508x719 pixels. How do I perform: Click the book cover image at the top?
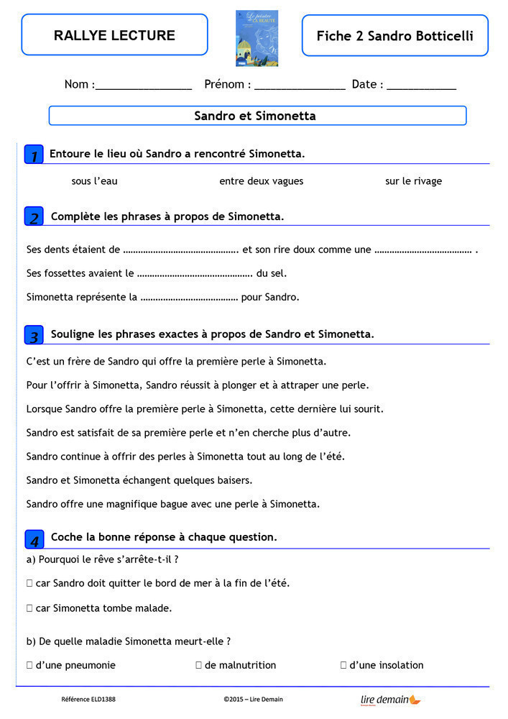point(257,38)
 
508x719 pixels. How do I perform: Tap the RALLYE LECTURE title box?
point(114,35)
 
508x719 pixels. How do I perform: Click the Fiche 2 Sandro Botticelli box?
point(394,36)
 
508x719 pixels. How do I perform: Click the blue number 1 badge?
point(34,155)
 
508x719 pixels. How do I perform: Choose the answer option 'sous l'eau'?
point(94,181)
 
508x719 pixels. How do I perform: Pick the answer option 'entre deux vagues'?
point(261,181)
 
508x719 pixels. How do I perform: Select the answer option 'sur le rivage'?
point(413,181)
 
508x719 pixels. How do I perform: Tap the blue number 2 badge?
point(34,216)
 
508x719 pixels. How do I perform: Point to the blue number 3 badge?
point(34,335)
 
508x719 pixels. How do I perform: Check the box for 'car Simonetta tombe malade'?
point(29,608)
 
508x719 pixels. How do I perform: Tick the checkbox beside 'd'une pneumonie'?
point(29,666)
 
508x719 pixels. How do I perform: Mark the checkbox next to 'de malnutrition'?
point(198,666)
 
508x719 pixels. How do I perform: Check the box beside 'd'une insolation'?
point(343,666)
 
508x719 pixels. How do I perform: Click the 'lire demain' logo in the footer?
point(390,700)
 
